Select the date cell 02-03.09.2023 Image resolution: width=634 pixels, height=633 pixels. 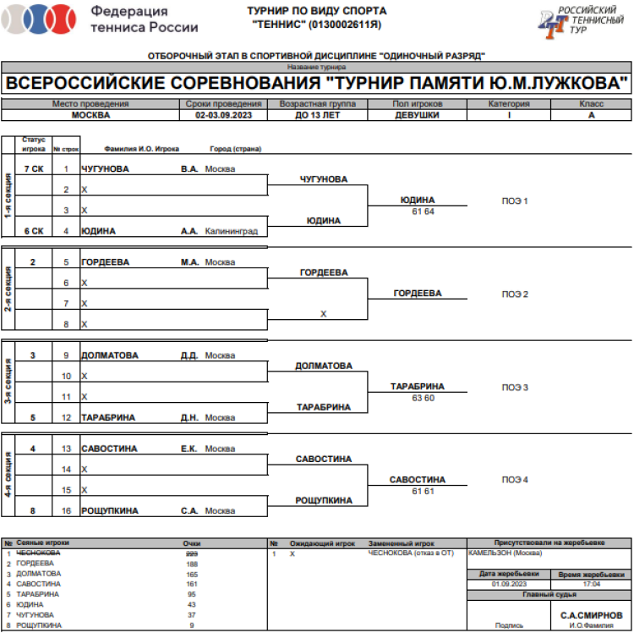pos(225,115)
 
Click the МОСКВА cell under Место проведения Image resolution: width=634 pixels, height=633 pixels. pos(90,115)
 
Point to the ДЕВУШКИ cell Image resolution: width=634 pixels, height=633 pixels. pos(417,115)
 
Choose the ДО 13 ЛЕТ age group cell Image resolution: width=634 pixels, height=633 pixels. pos(317,115)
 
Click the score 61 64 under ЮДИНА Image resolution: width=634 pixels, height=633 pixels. pos(418,211)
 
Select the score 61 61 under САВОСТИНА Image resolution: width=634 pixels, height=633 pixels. pos(418,491)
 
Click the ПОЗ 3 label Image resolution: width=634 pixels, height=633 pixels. pos(515,388)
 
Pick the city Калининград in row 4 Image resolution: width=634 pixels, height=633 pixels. pos(231,231)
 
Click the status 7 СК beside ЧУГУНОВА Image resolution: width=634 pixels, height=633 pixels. pos(34,168)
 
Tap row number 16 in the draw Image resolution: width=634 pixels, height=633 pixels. pos(66,511)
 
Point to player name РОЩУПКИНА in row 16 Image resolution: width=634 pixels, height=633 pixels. pos(110,511)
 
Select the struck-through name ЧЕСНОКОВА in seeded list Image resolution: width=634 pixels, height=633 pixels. pos(39,553)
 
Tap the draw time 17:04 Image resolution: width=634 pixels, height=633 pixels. pos(592,584)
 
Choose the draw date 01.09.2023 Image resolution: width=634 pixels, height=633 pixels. pos(509,584)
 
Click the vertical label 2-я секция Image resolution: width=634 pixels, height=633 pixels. pos(8,290)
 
